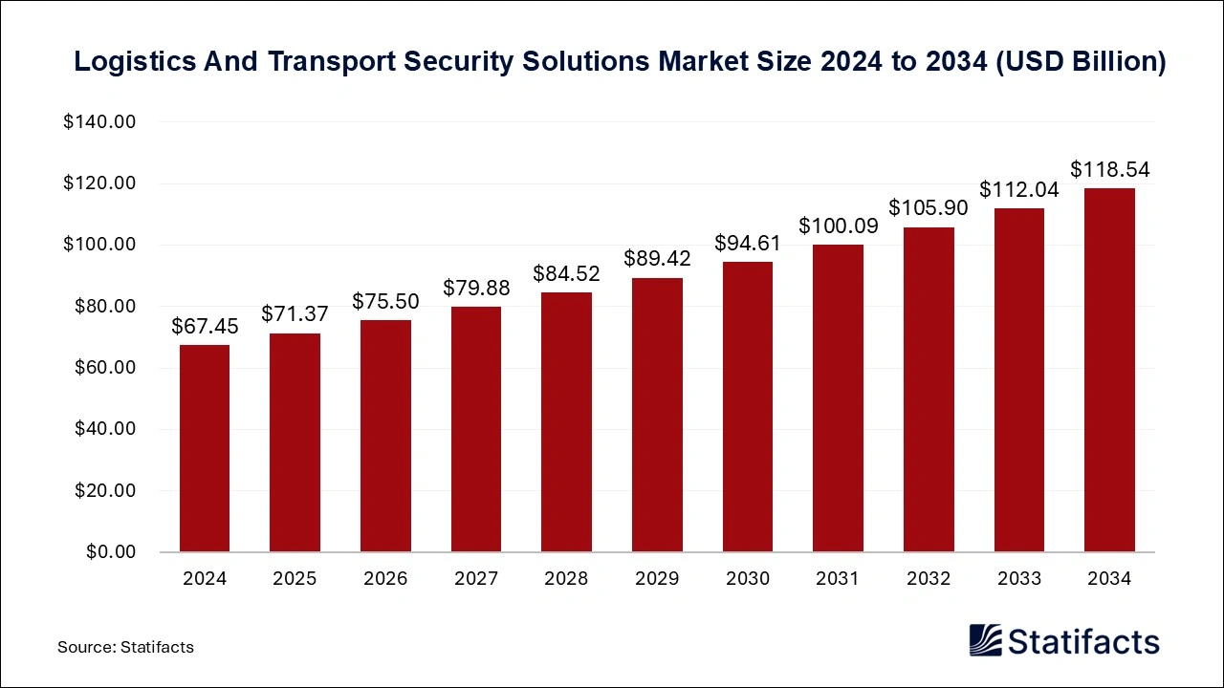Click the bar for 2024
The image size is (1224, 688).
pos(205,448)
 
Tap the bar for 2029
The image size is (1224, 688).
pos(657,415)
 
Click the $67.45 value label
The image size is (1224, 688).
pos(205,327)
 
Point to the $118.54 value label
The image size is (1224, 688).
pos(1109,170)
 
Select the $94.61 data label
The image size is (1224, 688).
pos(748,243)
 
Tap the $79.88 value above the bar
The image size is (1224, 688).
pos(476,288)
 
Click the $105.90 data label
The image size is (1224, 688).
pos(929,207)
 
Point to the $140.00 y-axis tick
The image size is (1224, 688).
pos(100,122)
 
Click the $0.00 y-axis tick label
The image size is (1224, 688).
pos(110,552)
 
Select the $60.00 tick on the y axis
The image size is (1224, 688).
pos(105,368)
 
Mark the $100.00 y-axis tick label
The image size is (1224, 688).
pos(100,245)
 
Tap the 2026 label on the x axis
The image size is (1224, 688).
pos(385,579)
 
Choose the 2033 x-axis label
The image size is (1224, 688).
pos(1018,579)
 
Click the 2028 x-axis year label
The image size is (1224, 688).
pos(566,579)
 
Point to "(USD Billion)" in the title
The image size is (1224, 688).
pos(1081,62)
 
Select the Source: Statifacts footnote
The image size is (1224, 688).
pos(125,647)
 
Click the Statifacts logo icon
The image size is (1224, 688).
pos(985,640)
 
